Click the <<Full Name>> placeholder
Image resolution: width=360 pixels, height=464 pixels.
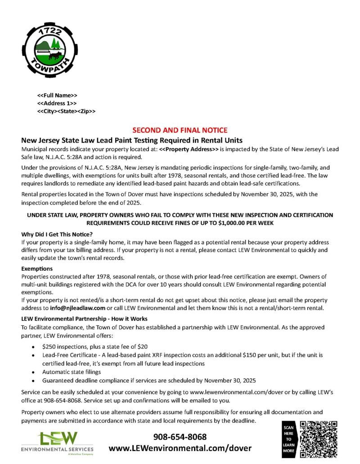point(57,96)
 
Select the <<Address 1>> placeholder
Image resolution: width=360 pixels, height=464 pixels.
point(57,103)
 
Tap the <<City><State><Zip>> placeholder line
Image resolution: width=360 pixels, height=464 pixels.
point(66,111)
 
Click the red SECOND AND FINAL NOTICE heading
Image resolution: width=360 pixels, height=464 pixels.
point(180,130)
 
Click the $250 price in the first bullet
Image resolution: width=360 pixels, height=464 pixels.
point(49,347)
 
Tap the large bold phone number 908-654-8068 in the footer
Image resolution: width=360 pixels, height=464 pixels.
point(180,437)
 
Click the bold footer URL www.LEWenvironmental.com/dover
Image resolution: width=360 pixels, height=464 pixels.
point(180,449)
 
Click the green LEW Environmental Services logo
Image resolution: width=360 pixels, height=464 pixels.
point(57,443)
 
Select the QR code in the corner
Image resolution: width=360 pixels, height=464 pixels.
point(319,439)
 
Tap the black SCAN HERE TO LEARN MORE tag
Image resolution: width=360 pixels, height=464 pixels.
point(288,439)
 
